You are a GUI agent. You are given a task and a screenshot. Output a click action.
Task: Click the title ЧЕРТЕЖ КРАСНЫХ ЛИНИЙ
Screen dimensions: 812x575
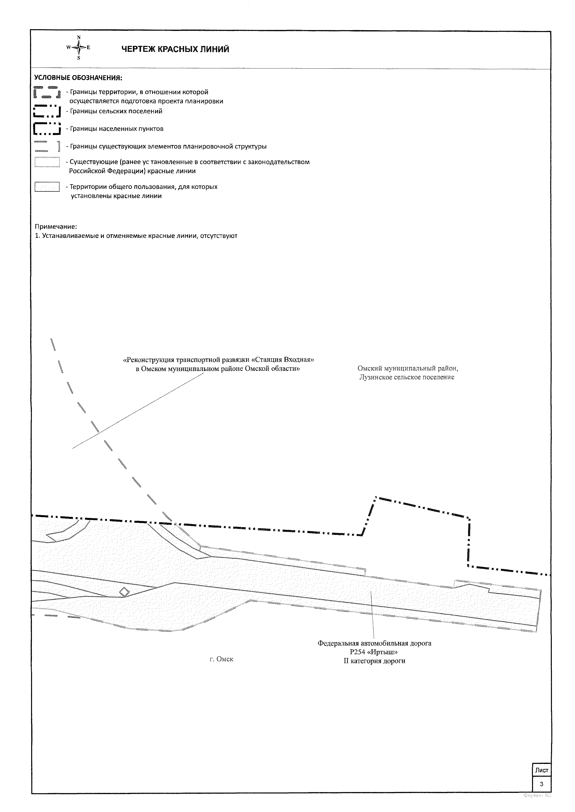pos(175,49)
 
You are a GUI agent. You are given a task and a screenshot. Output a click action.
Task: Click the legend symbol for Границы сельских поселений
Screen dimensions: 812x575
pos(47,111)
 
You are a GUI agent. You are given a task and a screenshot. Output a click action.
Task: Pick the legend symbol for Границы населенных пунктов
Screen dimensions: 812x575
pos(47,128)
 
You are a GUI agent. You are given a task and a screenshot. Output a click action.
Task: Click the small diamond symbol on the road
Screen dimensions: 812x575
pos(124,592)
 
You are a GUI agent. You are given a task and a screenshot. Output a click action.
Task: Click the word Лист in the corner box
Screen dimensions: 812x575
pos(541,770)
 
